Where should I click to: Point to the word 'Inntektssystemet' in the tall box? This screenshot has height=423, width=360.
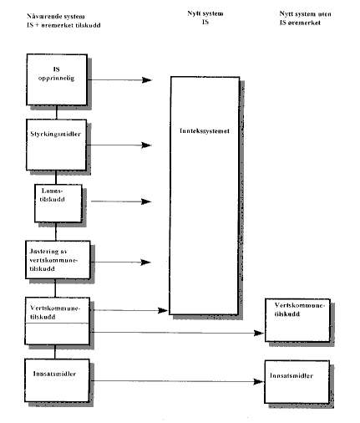click(x=204, y=130)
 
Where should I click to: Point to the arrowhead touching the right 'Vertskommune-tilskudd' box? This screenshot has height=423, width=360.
click(x=259, y=333)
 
